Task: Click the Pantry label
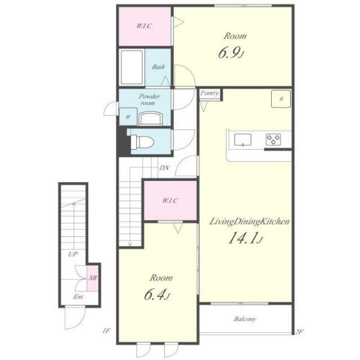click(x=209, y=93)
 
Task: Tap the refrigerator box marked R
click(x=281, y=99)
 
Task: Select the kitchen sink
click(x=242, y=140)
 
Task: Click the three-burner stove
click(x=273, y=139)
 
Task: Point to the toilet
click(x=142, y=142)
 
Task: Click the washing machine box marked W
click(x=128, y=116)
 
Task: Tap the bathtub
click(x=132, y=67)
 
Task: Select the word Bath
click(x=158, y=67)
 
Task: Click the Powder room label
click(x=149, y=100)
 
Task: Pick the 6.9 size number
click(x=231, y=52)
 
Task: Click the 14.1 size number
click(x=245, y=238)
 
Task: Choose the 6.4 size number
click(x=157, y=295)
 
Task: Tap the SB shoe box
click(x=92, y=278)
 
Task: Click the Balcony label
click(x=245, y=319)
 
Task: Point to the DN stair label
click(x=164, y=168)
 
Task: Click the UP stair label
click(x=73, y=254)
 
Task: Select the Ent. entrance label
click(x=78, y=297)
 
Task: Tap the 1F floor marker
click(x=106, y=331)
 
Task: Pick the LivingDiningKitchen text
click(x=249, y=222)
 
